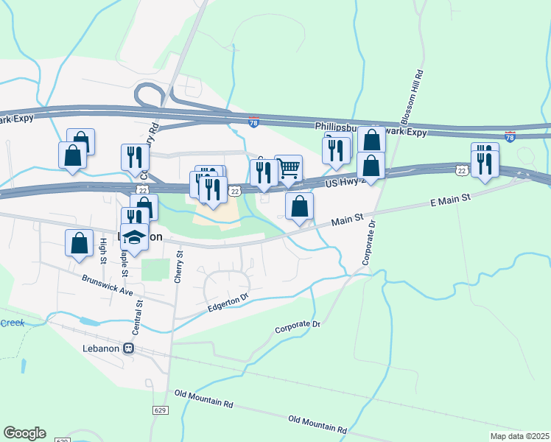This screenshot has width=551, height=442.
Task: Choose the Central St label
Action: pyautogui.click(x=138, y=313)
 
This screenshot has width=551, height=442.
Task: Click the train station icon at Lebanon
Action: pyautogui.click(x=129, y=348)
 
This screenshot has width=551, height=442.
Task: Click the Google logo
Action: pyautogui.click(x=24, y=433)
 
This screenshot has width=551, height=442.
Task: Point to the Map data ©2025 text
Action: pyautogui.click(x=519, y=436)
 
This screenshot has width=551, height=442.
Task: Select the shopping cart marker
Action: pyautogui.click(x=288, y=169)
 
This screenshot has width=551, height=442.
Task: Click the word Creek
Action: pyautogui.click(x=12, y=323)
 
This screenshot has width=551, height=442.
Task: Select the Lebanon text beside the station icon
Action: pyautogui.click(x=101, y=348)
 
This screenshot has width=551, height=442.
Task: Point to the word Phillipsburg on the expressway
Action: pyautogui.click(x=339, y=127)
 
